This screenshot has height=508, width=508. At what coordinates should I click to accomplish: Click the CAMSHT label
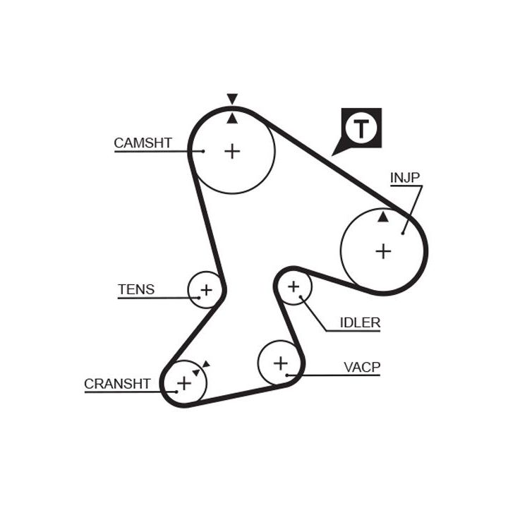point(143,143)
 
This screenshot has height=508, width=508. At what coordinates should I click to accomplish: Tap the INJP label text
point(406,178)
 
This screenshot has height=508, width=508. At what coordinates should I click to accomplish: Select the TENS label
point(136,289)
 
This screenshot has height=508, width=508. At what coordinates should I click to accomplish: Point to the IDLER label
point(360,322)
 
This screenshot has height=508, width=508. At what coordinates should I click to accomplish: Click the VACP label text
point(362,367)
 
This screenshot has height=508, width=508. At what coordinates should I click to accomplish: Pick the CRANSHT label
point(117,384)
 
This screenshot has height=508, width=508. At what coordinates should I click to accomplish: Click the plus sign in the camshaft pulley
point(232,150)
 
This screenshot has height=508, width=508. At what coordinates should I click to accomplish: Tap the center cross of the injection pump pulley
point(383,250)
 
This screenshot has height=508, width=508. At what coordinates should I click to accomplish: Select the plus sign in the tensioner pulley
point(206,289)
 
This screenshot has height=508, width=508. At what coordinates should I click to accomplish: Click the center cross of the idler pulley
point(294,286)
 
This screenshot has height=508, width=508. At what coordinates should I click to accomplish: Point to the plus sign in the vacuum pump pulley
point(281,363)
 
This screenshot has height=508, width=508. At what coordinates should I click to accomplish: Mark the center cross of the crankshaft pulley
point(184,382)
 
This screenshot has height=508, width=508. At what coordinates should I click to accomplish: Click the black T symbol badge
point(361,128)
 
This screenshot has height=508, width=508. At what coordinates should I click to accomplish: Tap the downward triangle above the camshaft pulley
point(232,99)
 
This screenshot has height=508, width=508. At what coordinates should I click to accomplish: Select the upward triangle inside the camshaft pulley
point(232,119)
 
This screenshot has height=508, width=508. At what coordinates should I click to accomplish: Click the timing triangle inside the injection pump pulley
point(383,217)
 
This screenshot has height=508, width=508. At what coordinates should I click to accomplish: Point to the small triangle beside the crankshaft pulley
point(205,364)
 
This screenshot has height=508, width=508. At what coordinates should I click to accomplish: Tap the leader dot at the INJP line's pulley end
point(403,232)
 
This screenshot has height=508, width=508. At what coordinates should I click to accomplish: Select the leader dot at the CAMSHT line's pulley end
point(202,151)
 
